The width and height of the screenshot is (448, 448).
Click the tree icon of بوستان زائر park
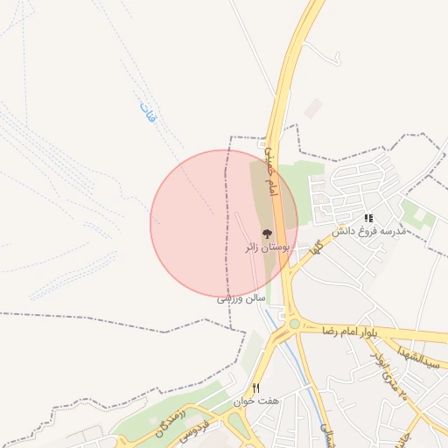(x=268, y=234)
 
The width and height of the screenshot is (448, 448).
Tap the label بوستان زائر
(x=268, y=248)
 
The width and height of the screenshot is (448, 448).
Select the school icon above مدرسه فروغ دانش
(x=369, y=218)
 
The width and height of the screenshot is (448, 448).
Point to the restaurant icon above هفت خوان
(x=255, y=388)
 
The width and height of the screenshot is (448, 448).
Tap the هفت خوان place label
(x=255, y=402)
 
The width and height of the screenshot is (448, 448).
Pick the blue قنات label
(x=146, y=111)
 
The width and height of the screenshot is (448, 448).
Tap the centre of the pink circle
(x=224, y=224)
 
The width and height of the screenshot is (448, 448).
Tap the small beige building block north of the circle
(x=312, y=108)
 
